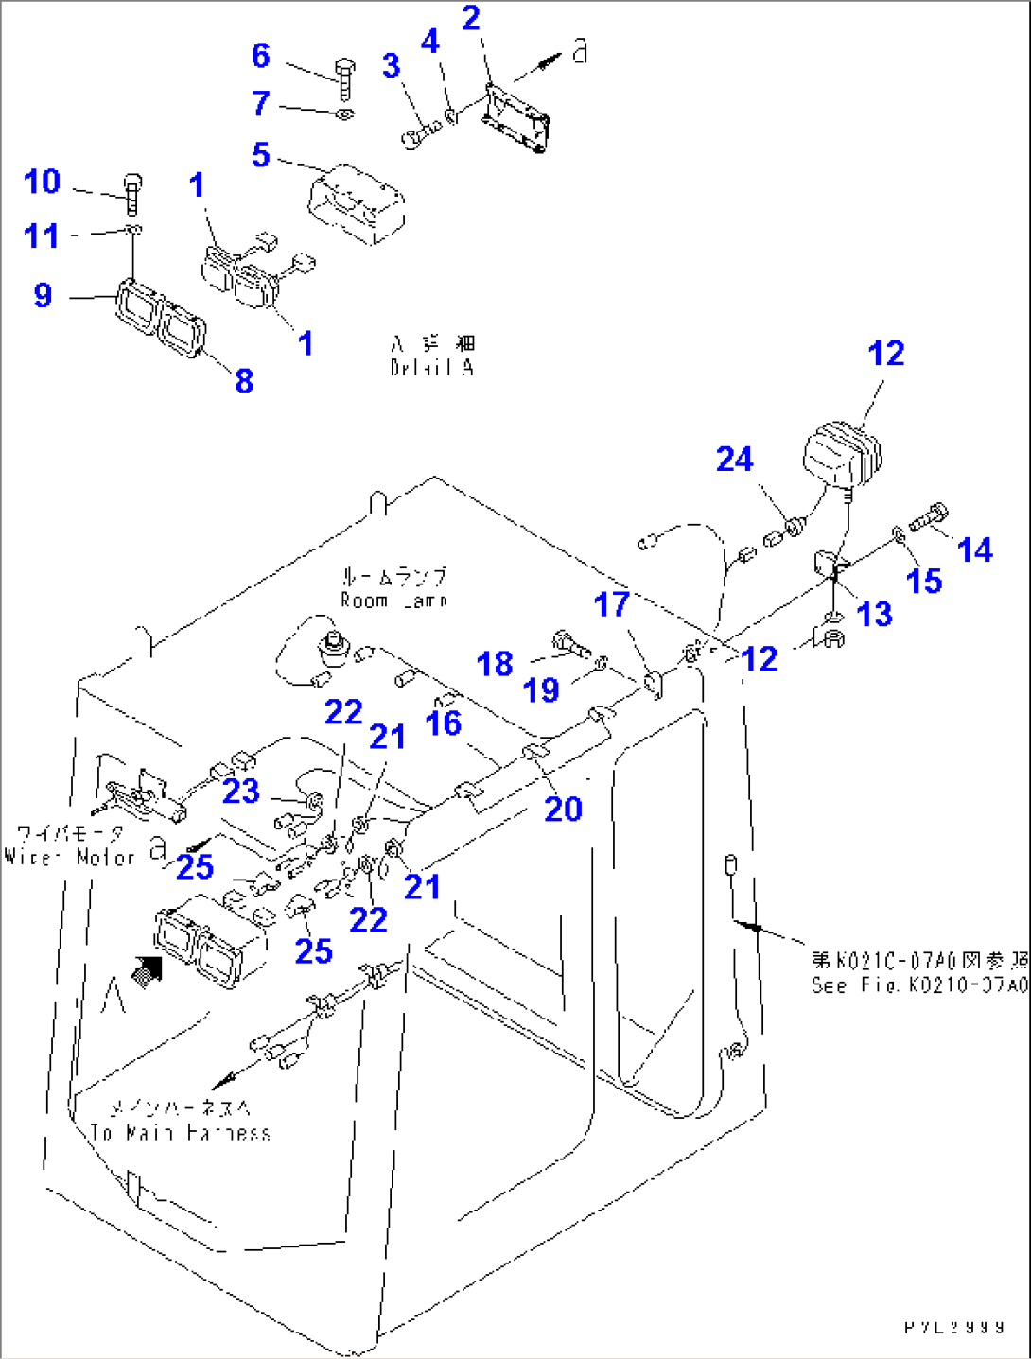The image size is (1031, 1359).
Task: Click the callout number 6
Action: tap(261, 56)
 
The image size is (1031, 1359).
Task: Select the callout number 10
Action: tap(42, 182)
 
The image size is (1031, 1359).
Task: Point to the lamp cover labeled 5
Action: tap(357, 204)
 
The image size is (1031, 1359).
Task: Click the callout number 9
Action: tap(43, 295)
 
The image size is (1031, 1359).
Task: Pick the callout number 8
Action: tap(244, 380)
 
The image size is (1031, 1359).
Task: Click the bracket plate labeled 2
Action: tap(515, 117)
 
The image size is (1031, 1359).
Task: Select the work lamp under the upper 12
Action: tap(842, 458)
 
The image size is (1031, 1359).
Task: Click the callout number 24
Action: tap(734, 460)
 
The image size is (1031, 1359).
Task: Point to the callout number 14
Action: tap(974, 549)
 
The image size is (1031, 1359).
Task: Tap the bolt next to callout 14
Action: tap(928, 517)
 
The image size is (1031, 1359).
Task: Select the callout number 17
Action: tap(611, 604)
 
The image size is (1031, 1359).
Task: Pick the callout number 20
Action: tap(563, 809)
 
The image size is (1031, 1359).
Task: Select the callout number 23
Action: tap(240, 791)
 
